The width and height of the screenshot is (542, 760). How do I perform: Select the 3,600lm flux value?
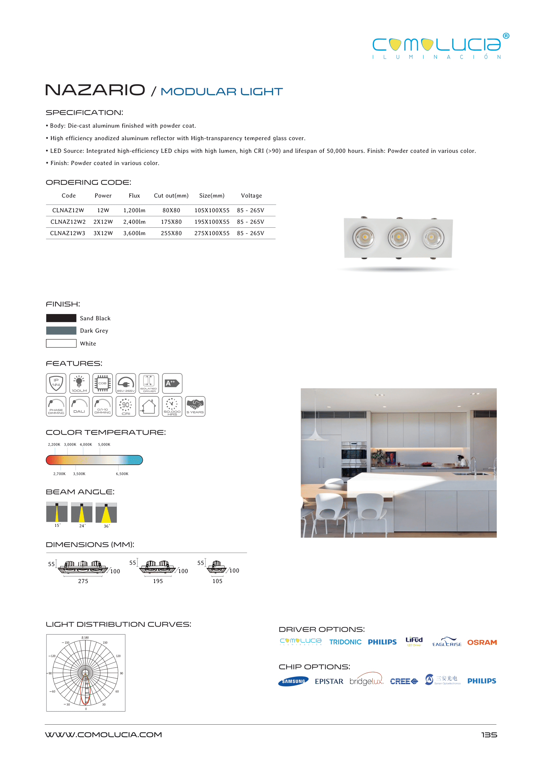click(x=134, y=233)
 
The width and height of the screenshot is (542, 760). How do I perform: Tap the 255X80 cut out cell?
click(x=171, y=233)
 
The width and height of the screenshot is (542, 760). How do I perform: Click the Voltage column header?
click(x=251, y=196)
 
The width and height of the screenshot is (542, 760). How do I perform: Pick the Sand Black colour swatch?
click(x=61, y=318)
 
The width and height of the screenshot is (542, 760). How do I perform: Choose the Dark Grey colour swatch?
click(x=61, y=331)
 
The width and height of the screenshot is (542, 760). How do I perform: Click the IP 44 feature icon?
click(x=56, y=383)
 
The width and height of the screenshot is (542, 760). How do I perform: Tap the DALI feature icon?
click(x=79, y=406)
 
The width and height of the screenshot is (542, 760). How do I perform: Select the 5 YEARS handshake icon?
click(x=195, y=406)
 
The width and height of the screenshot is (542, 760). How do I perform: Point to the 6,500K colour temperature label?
click(x=122, y=474)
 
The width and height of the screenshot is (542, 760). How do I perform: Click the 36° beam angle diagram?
click(x=106, y=513)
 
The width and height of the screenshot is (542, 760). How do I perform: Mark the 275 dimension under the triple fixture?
click(x=83, y=581)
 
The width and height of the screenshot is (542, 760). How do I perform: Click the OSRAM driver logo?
click(x=481, y=642)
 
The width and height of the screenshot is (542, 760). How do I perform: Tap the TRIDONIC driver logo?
click(x=345, y=642)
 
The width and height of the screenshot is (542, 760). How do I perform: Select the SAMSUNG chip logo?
click(x=293, y=681)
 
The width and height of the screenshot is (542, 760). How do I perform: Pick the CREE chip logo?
click(x=403, y=681)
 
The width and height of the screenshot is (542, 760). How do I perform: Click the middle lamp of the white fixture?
click(x=399, y=238)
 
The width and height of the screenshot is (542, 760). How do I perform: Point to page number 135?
click(x=489, y=735)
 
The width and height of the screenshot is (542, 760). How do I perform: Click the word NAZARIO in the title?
click(x=95, y=90)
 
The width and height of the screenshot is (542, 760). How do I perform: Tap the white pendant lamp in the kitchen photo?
click(x=315, y=434)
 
